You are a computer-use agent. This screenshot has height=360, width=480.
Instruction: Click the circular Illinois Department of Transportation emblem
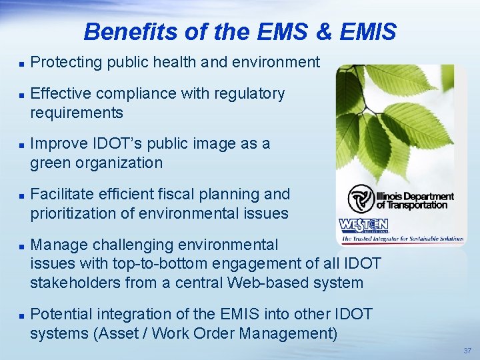361,199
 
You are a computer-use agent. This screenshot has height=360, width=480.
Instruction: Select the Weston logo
364,225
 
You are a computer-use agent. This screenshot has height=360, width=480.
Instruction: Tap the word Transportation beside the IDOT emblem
415,205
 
